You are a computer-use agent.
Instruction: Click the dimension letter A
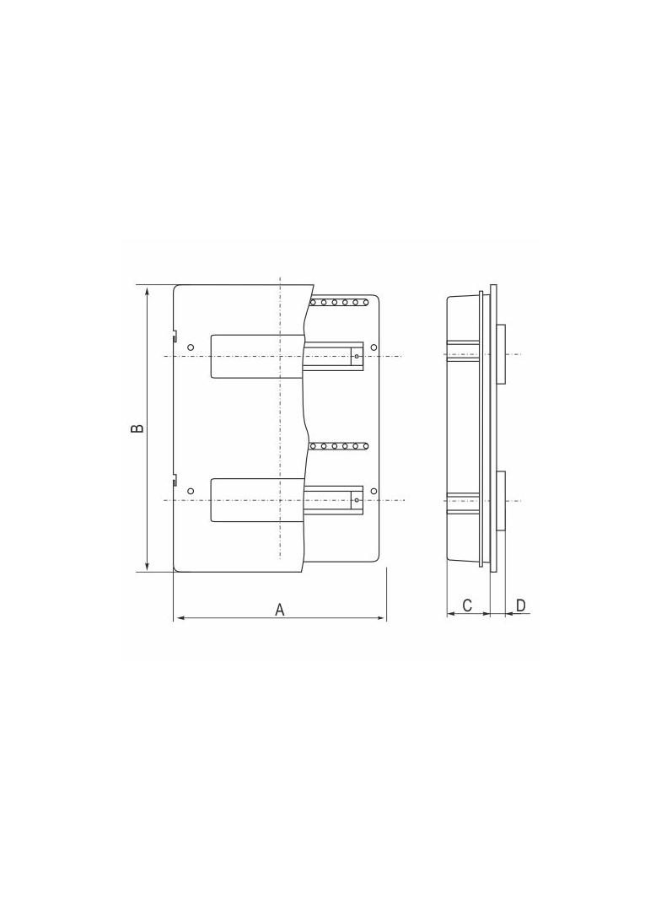click(x=280, y=609)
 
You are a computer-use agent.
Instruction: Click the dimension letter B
click(x=137, y=428)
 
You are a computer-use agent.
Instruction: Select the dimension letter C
click(x=467, y=606)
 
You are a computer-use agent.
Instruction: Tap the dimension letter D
click(x=520, y=606)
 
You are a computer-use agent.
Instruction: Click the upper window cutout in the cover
click(x=255, y=356)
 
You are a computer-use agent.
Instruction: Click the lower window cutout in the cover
click(x=255, y=500)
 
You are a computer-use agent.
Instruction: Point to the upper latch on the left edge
click(x=175, y=337)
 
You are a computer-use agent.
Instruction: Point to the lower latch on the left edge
click(x=175, y=482)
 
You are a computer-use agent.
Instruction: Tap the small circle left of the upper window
click(x=191, y=347)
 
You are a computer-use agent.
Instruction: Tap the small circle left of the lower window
click(x=191, y=491)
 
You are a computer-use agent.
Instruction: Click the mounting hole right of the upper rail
click(x=374, y=347)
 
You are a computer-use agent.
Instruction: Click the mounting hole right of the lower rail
click(x=374, y=491)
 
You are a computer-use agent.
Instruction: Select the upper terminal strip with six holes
click(x=339, y=302)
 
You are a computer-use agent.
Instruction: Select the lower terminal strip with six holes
click(x=339, y=445)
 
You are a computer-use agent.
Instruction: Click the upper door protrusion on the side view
click(x=501, y=354)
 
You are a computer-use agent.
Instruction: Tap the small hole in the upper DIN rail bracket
click(x=357, y=357)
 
